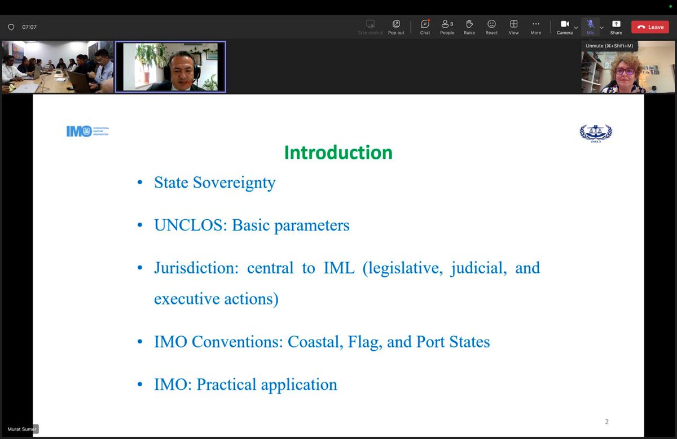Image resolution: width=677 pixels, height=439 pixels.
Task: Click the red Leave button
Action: tap(650, 27)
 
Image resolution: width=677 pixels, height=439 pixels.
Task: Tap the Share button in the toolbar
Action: tap(616, 27)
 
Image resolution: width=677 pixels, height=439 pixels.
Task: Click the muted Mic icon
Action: tap(590, 24)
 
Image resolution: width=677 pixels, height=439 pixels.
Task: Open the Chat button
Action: tap(425, 27)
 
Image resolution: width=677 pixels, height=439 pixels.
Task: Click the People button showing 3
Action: tap(447, 27)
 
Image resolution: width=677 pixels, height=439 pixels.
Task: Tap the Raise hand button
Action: tap(469, 27)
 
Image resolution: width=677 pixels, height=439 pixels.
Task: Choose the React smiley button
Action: tap(491, 27)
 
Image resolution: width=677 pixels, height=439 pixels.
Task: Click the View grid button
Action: tap(513, 27)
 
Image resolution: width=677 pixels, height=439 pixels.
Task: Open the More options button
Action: tap(535, 27)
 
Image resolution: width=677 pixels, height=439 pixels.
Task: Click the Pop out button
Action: tap(396, 27)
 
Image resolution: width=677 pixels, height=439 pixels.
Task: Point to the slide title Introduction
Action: tap(338, 153)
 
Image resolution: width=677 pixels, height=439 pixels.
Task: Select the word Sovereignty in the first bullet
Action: tap(234, 183)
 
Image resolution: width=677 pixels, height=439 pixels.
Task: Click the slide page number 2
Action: tap(606, 421)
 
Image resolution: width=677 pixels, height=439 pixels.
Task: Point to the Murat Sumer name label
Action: tap(21, 429)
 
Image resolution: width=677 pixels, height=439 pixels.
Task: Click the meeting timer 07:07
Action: tap(29, 27)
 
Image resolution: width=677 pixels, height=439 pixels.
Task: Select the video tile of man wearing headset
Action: tap(170, 67)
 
